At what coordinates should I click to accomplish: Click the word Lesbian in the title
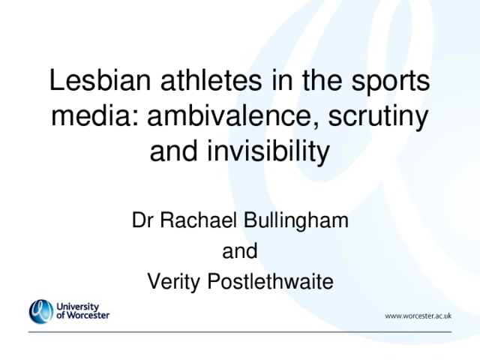click(100, 79)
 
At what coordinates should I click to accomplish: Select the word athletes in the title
click(211, 79)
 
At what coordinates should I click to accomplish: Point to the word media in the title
click(94, 115)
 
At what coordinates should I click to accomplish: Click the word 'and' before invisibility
click(173, 150)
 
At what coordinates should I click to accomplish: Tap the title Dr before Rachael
click(142, 220)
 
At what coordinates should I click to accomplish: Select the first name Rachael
click(199, 220)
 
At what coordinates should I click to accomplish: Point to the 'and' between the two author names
click(240, 250)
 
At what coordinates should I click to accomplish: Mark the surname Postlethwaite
click(270, 281)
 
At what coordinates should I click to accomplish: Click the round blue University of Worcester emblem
click(41, 311)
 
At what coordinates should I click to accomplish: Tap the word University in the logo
click(77, 307)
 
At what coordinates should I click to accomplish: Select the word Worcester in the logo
click(88, 315)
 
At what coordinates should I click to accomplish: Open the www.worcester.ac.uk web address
click(418, 316)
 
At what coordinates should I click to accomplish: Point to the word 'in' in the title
click(282, 79)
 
